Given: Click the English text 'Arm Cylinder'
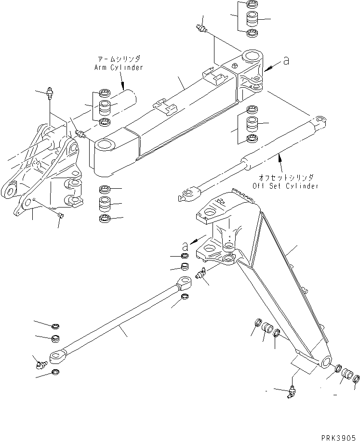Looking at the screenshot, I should (119, 67).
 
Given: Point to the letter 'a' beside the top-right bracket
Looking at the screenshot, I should (286, 61).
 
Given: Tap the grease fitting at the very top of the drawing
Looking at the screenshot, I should (201, 29).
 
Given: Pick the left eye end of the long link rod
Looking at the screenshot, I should (57, 356).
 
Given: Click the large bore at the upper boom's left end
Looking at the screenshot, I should (106, 145).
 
